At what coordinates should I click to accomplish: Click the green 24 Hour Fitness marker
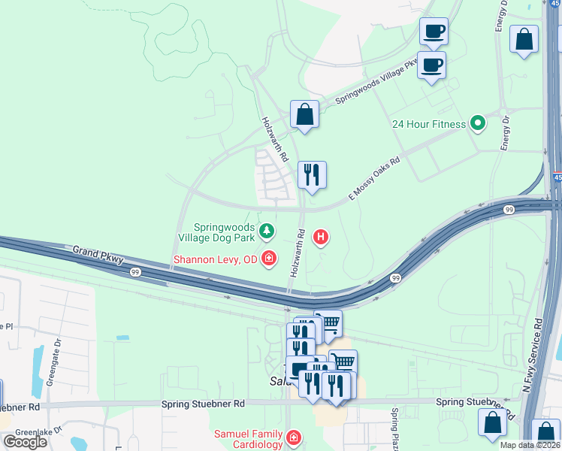pos(477,123)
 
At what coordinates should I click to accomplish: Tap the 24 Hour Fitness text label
pos(429,124)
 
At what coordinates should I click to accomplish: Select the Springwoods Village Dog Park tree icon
pos(266,229)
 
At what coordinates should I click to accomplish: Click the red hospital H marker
pos(321,238)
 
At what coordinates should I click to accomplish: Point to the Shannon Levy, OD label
pos(215,260)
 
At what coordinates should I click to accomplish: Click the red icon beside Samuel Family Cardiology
pos(293,437)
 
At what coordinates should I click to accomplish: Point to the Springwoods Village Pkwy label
pos(376,81)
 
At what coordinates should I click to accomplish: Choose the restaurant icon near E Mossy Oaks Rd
pos(311,174)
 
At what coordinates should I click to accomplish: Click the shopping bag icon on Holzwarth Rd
pos(304,115)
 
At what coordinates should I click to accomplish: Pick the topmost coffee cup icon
pos(434,32)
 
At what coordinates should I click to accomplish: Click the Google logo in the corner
pos(25,442)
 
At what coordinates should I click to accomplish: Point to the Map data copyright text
pos(529,445)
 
